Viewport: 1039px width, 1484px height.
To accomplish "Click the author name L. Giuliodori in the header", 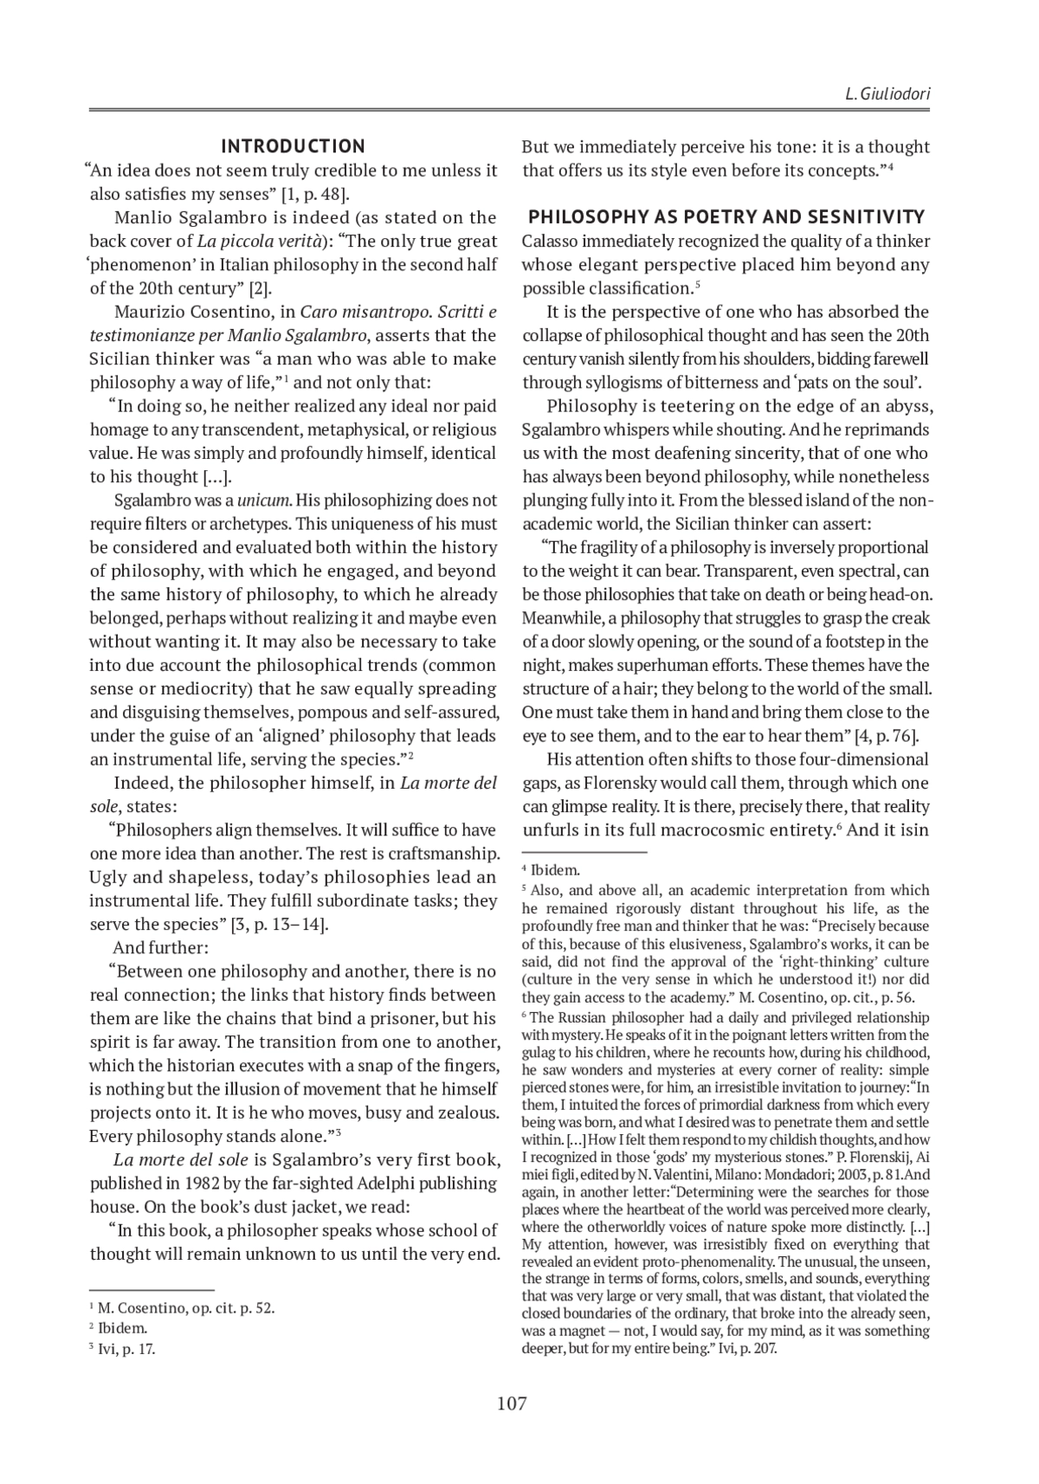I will pos(887,94).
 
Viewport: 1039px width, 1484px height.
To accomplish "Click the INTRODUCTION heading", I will pos(294,146).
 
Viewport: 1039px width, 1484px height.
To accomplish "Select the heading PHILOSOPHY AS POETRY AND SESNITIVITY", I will pos(726,217).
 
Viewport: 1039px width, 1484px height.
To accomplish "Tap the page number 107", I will pos(512,1403).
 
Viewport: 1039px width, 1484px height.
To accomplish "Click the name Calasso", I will pos(551,242).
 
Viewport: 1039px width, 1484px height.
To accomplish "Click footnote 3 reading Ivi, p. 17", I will pos(126,1349).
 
